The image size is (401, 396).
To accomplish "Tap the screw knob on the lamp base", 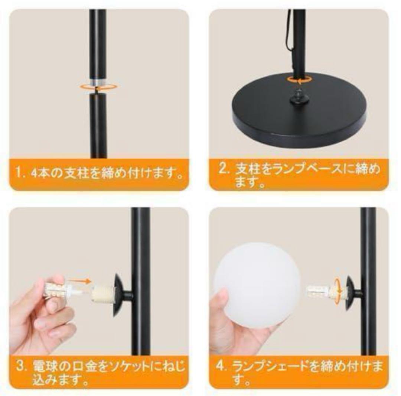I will (x=300, y=97).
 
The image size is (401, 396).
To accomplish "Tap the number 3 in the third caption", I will (x=21, y=366).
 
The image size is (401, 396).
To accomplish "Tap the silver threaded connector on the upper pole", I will (x=98, y=82).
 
